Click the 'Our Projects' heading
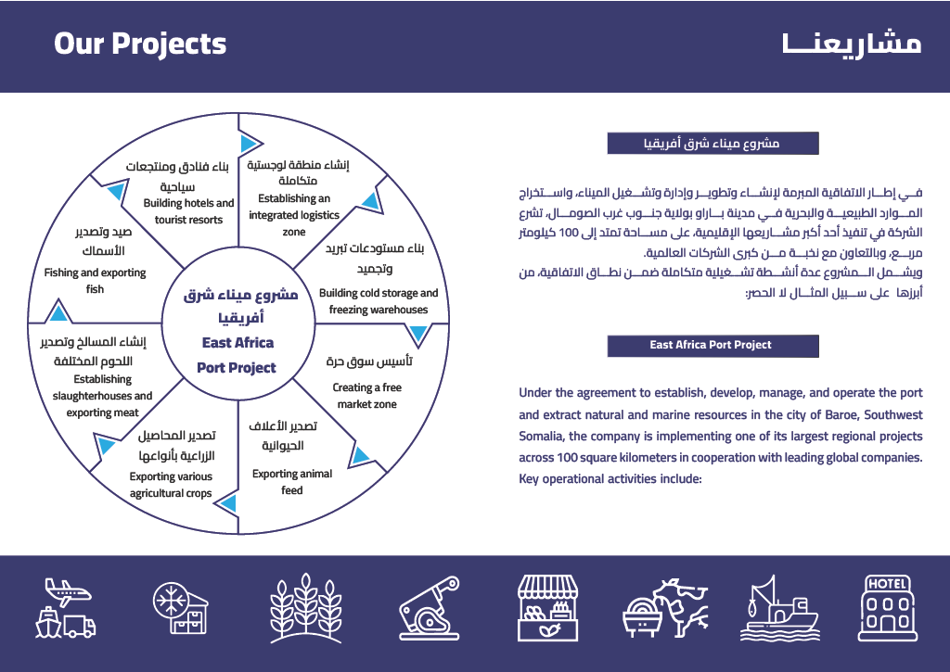point(140,44)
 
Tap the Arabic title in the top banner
point(852,44)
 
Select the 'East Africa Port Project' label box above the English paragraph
point(712,346)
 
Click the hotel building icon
point(888,607)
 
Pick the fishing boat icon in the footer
point(778,607)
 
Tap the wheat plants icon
point(306,607)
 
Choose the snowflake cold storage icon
point(181,607)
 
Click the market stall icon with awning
point(547,607)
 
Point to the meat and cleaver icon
point(429,607)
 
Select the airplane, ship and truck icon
point(66,607)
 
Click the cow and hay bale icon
point(665,607)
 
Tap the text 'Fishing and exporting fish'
point(96,281)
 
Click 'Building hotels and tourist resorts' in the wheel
point(188,211)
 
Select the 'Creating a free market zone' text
point(367,396)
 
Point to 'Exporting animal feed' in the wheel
point(292,482)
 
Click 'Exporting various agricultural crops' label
point(171,485)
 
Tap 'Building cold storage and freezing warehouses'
point(379,301)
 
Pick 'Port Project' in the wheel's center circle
point(237,368)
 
